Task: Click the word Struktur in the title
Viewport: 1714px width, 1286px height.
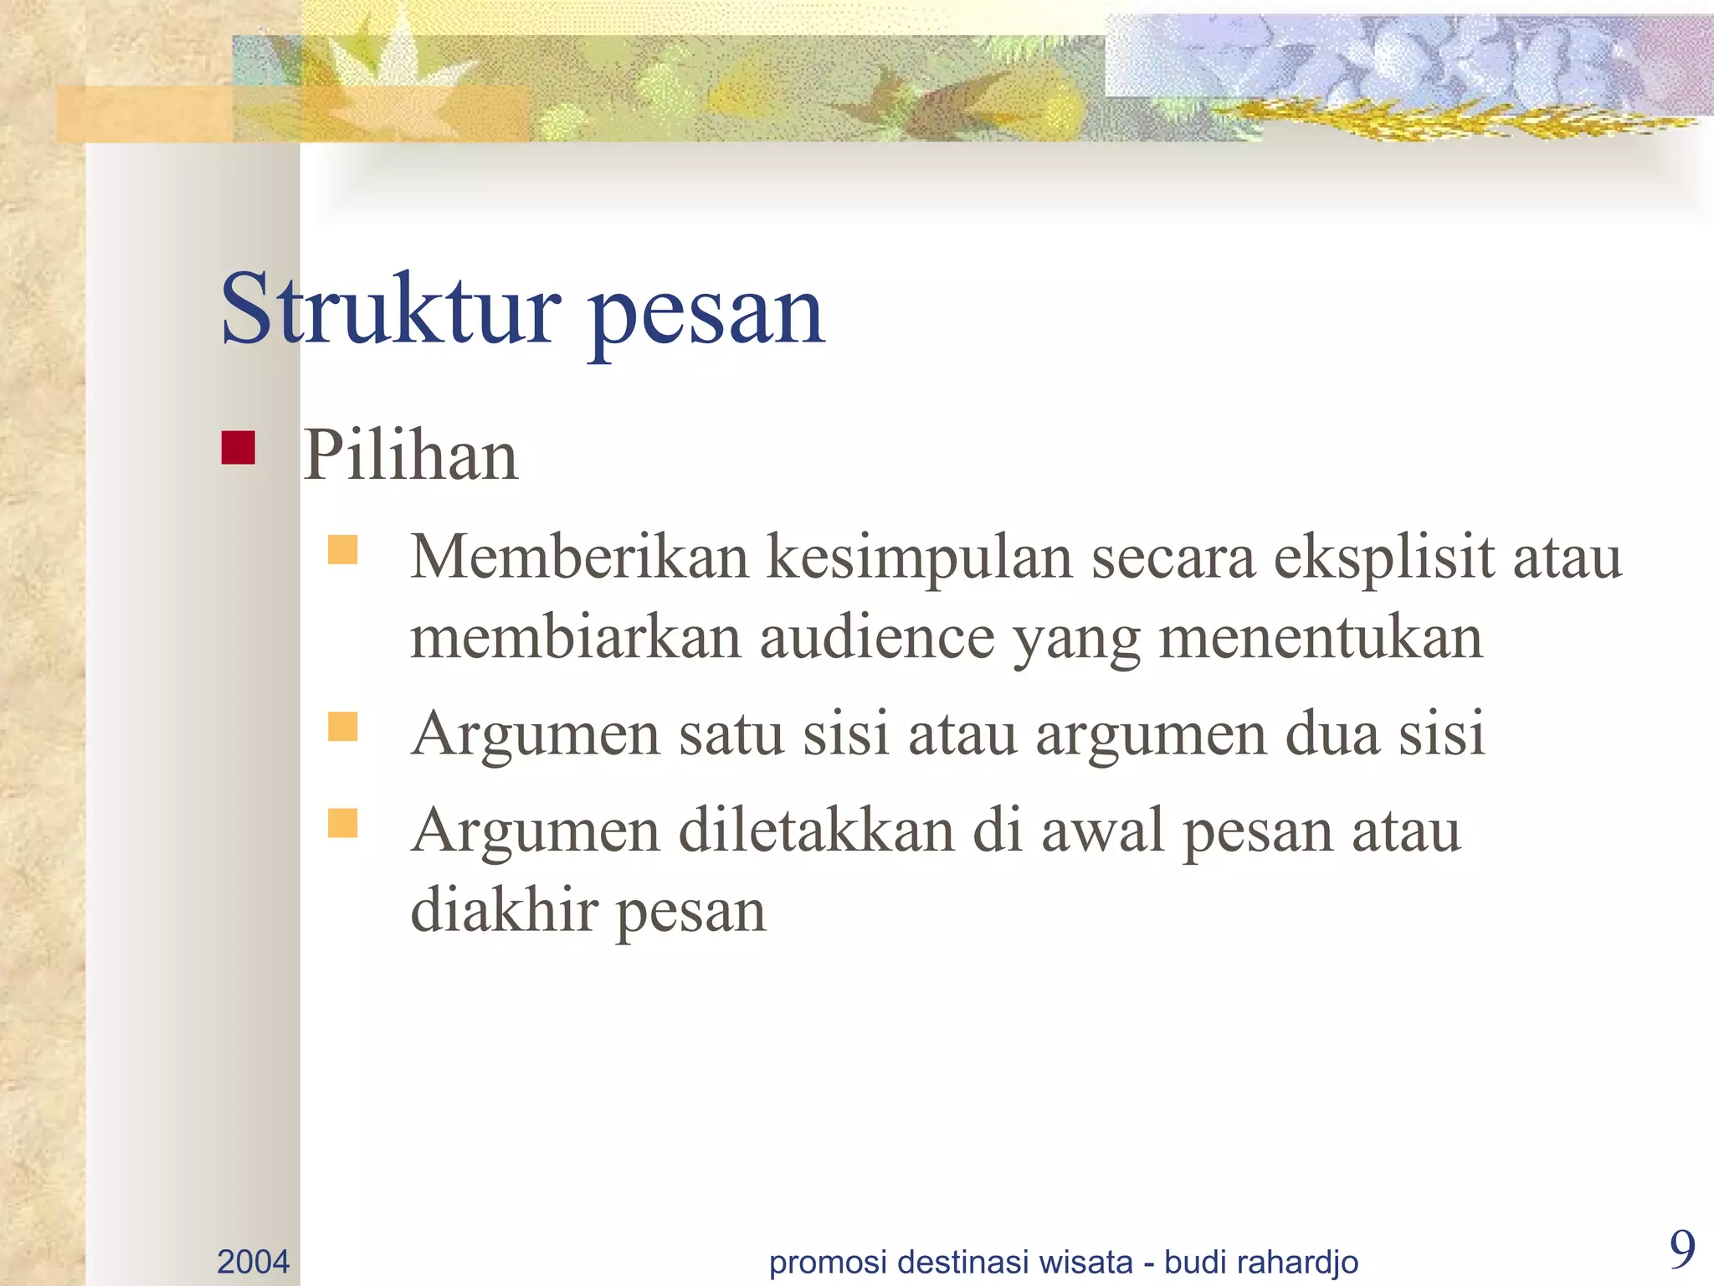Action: tap(389, 310)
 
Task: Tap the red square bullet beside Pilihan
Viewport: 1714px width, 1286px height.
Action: tap(239, 448)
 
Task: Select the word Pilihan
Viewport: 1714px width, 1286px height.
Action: tap(410, 455)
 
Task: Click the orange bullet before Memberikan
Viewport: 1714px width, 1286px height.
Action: tap(343, 550)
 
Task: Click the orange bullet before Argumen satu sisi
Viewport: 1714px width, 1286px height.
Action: tap(343, 727)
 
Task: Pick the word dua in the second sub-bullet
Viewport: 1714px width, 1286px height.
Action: tap(1332, 733)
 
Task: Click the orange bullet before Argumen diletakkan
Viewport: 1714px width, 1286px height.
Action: tap(343, 823)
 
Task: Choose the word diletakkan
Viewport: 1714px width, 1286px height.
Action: tap(816, 831)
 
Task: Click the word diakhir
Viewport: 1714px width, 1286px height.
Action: tap(504, 910)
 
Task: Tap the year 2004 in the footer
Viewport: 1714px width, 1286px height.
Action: tap(253, 1262)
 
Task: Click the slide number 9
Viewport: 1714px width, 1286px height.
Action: tap(1681, 1250)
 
